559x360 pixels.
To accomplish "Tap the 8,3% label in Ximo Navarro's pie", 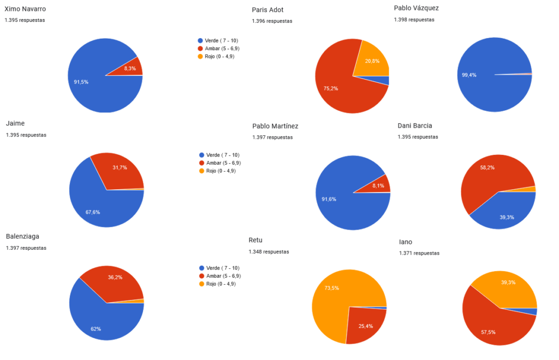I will (130, 68).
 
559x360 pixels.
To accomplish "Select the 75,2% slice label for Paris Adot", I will (331, 88).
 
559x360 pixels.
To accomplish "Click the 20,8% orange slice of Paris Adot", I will (373, 61).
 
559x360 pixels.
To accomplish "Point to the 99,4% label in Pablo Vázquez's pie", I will (469, 75).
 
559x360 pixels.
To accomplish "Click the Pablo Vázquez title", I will (416, 8).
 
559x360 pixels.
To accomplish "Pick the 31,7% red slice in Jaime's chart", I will (120, 167).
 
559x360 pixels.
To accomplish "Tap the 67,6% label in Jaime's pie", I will (93, 212).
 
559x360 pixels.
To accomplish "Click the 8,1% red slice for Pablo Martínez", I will (378, 185).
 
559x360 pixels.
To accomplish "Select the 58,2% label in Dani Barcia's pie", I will (487, 167).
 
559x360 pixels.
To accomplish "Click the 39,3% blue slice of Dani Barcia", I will (507, 217).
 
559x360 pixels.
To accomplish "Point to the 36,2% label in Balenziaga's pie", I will (115, 278).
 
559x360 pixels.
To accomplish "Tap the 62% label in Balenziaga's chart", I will (96, 329).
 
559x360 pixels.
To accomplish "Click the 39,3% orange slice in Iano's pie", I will (509, 283).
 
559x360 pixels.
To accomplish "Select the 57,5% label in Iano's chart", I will (487, 332).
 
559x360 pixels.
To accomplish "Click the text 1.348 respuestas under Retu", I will (269, 252).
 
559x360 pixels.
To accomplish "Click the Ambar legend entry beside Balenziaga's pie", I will (220, 276).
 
